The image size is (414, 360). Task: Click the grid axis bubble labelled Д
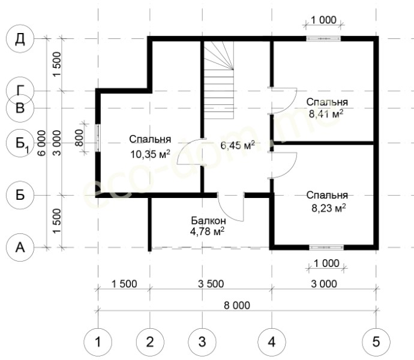[20, 38]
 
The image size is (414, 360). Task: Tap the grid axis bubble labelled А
[20, 247]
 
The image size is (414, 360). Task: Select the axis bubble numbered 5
[376, 342]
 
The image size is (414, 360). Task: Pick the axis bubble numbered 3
[202, 342]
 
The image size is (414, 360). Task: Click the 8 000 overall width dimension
[237, 305]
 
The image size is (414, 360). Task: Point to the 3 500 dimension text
[211, 284]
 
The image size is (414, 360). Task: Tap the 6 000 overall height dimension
[41, 143]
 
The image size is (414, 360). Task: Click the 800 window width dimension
[79, 137]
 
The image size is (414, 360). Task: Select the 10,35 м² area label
[150, 154]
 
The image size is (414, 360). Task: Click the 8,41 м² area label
[326, 114]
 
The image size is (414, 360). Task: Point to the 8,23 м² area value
[329, 208]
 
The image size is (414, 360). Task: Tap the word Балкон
[208, 220]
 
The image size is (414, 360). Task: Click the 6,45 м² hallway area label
[238, 145]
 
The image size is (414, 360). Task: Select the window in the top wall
[323, 38]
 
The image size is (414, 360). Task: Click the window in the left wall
[98, 137]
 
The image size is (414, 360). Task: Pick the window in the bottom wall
[326, 247]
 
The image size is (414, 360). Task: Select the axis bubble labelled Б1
[20, 143]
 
